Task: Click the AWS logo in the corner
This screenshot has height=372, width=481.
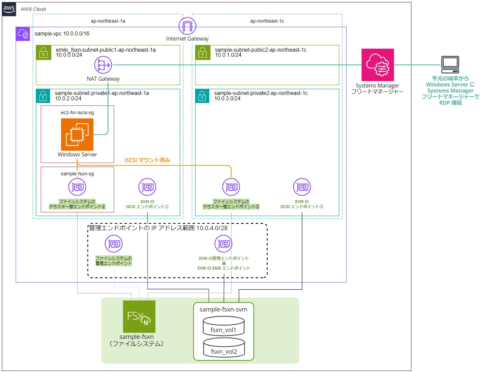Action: (9, 9)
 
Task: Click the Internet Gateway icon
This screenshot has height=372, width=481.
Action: (187, 26)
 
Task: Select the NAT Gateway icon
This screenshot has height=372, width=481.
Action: (103, 65)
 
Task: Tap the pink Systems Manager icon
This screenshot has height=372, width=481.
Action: (377, 65)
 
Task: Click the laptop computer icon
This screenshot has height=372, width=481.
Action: (450, 65)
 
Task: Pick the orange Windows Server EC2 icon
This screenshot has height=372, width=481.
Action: (77, 134)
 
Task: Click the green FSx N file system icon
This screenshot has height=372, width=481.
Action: (139, 317)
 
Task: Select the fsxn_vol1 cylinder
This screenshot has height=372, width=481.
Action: (223, 326)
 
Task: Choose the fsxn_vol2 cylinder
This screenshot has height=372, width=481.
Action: (224, 348)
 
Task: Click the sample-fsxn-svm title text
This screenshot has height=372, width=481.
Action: (223, 309)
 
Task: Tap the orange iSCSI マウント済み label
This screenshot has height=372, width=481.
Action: (147, 160)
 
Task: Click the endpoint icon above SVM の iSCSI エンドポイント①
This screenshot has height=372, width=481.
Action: (147, 187)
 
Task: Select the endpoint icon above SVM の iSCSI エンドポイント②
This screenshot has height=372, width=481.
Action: (302, 187)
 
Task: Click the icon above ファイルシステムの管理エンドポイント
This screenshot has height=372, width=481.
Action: (113, 244)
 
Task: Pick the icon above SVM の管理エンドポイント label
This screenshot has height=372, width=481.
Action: (223, 244)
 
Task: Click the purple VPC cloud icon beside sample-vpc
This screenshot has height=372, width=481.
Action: (23, 34)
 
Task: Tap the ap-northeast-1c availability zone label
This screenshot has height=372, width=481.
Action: (267, 21)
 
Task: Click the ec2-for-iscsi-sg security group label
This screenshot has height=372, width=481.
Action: (77, 113)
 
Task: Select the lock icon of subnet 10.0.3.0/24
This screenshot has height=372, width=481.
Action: (202, 96)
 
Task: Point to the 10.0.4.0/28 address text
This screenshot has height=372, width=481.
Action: (212, 228)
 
